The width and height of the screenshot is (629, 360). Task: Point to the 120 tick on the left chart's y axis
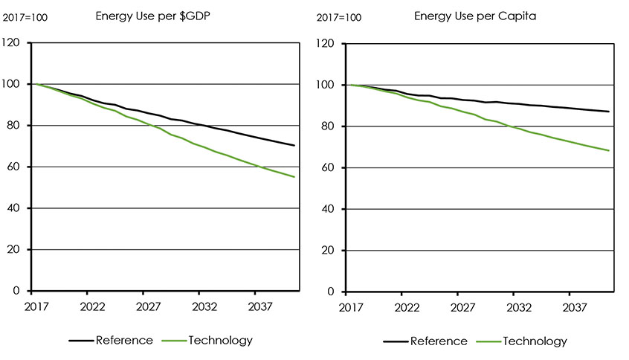pos(12,43)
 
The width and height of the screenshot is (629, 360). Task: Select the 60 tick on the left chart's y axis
pos(14,167)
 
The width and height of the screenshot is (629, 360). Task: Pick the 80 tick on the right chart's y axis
pos(329,126)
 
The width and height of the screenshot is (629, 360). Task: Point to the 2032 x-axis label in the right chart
pos(519,306)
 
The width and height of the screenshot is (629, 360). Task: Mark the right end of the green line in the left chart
pos(295,177)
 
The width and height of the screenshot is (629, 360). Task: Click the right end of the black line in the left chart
pos(295,146)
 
